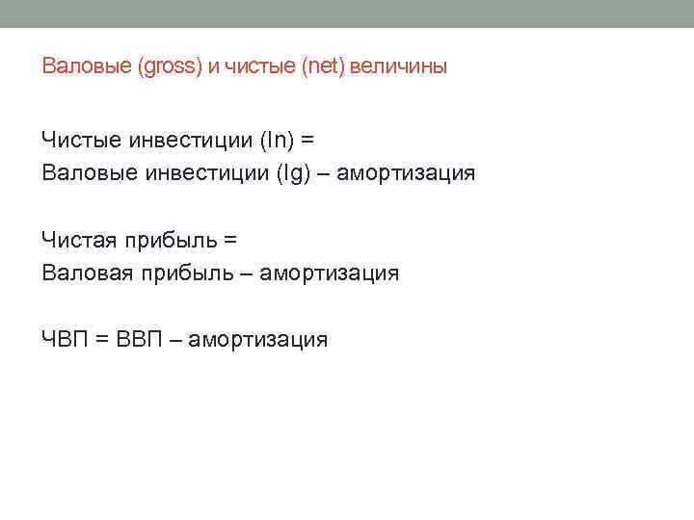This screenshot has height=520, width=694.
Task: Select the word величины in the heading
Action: click(398, 67)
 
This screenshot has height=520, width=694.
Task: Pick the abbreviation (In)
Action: click(277, 140)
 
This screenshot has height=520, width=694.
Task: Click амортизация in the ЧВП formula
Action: click(258, 339)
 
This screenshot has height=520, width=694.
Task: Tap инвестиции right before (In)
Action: click(189, 140)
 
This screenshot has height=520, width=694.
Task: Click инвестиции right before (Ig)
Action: click(202, 173)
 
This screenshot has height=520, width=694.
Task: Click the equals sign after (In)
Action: click(307, 140)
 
